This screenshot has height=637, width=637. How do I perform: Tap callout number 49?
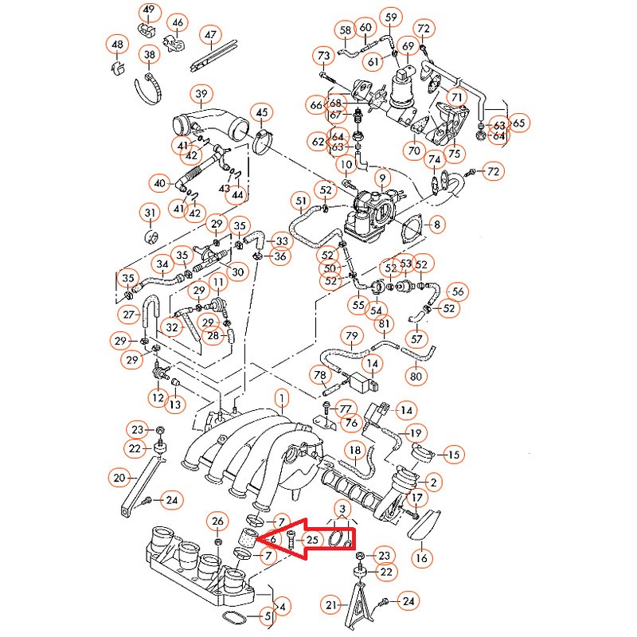pos(149,11)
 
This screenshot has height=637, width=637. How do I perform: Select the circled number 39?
pos(200,93)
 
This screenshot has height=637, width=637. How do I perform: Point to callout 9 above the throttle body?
pos(382,178)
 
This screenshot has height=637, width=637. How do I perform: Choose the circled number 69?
pos(408,47)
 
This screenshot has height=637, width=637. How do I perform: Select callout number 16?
pos(421,558)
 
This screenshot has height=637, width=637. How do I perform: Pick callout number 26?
pos(217,522)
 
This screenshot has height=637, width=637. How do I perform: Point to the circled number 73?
pos(323,57)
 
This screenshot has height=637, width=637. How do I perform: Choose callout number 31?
pos(150,213)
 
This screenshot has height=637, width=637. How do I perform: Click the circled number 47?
pos(210,35)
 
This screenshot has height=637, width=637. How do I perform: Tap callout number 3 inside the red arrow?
pos(342,509)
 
